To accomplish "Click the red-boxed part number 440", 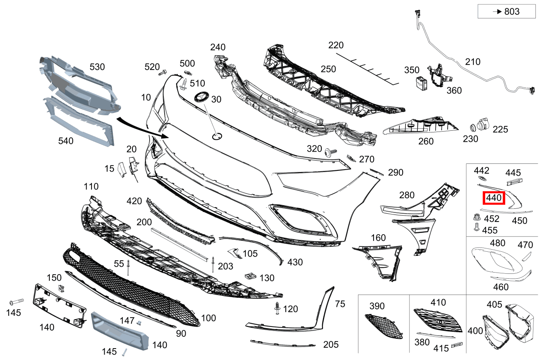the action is (x=494, y=198).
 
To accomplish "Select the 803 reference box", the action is (x=506, y=11).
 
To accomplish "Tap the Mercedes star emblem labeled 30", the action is (x=202, y=97).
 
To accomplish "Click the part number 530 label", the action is (x=97, y=67).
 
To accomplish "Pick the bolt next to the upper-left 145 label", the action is (x=16, y=302).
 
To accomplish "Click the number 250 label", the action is (x=328, y=69).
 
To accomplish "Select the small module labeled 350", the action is (x=421, y=83).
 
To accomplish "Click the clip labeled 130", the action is (x=251, y=276).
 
